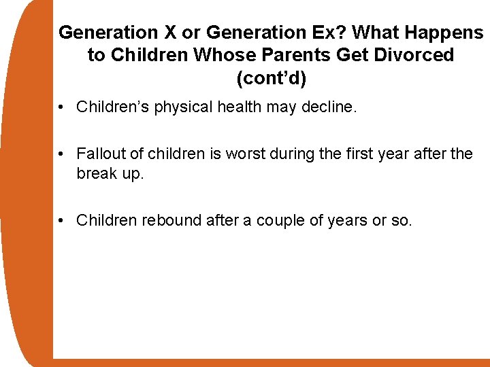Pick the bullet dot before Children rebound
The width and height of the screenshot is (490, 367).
point(62,221)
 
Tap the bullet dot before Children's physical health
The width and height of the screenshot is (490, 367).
point(62,107)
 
